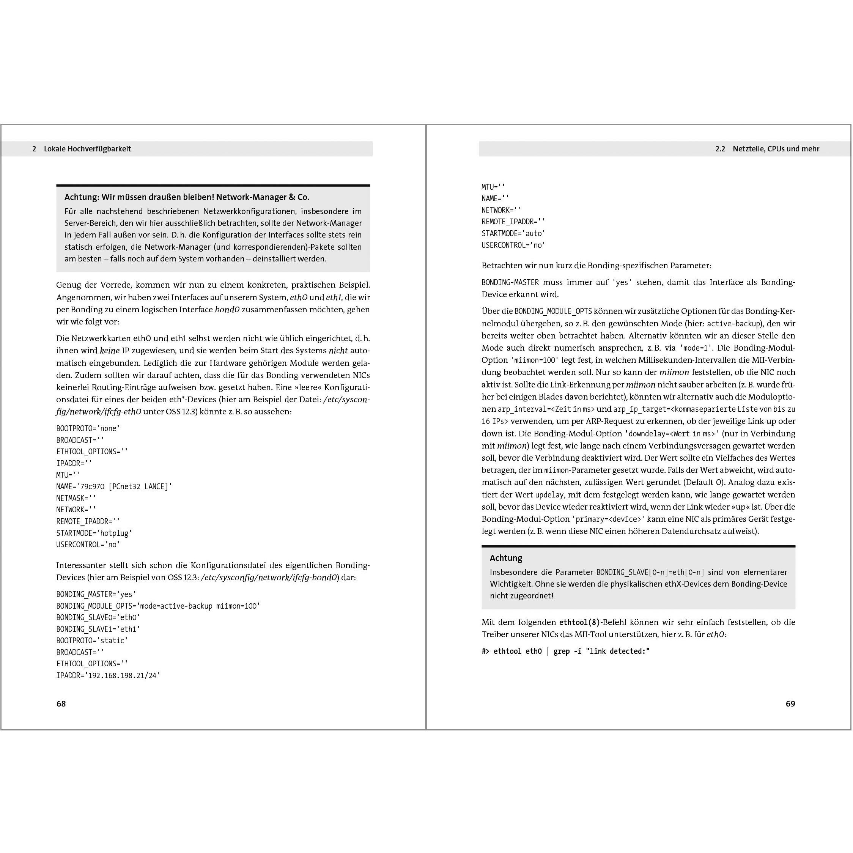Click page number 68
61,704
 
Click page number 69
790,704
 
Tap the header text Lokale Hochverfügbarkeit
87,149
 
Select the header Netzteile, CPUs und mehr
776,149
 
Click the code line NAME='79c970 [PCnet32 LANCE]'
114,486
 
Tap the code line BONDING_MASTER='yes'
96,594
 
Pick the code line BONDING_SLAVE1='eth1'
98,629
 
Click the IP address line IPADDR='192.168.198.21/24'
108,675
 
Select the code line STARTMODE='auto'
513,233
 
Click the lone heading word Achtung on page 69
505,558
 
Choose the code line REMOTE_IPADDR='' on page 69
513,222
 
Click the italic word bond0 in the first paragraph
227,310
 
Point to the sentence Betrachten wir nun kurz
596,266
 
